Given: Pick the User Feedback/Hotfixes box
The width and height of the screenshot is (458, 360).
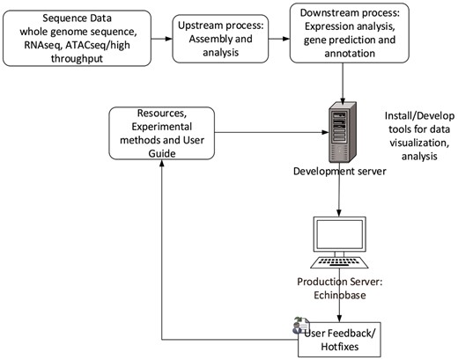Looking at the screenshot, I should click(341, 337).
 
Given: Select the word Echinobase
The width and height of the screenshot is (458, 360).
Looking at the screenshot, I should click(339, 295).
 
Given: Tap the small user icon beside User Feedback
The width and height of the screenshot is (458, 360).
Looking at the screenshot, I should click(291, 325).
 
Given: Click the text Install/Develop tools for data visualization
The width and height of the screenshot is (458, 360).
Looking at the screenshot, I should click(419, 131).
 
